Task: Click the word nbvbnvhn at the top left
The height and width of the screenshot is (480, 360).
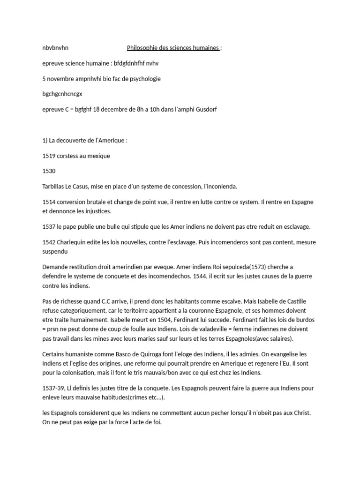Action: [x=55, y=48]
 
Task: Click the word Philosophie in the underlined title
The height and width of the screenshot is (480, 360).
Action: [x=142, y=48]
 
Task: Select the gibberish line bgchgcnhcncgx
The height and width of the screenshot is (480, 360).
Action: [x=62, y=94]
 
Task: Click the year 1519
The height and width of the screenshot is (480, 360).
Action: [x=49, y=156]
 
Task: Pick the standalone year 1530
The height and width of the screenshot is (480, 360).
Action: [x=49, y=171]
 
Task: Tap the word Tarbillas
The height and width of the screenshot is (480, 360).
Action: [x=55, y=187]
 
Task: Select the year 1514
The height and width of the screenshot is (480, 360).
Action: [x=49, y=202]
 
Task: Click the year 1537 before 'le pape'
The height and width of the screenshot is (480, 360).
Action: [x=49, y=227]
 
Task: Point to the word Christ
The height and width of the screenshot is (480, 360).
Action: [x=301, y=412]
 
